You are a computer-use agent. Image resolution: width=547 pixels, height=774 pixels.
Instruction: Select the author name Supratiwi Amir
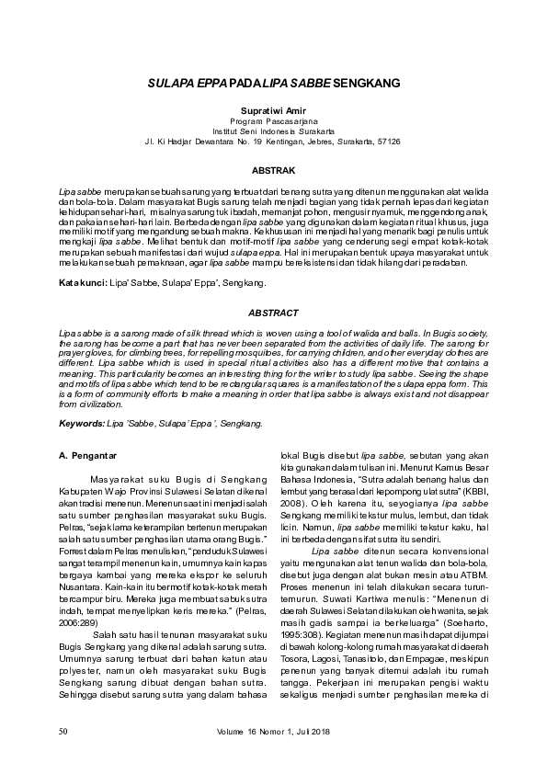pos(273,109)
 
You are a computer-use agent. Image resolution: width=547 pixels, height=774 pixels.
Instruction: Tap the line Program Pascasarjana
pos(273,120)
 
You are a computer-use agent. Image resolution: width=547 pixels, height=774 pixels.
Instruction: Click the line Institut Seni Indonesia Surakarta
pos(273,131)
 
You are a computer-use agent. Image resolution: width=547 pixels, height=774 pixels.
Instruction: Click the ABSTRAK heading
pos(273,171)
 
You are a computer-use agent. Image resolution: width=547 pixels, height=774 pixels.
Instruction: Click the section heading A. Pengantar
pos(90,455)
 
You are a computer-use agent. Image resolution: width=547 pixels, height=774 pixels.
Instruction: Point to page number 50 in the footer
pos(63,731)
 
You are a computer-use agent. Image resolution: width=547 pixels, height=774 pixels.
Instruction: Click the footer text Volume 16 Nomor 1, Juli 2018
pos(273,731)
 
